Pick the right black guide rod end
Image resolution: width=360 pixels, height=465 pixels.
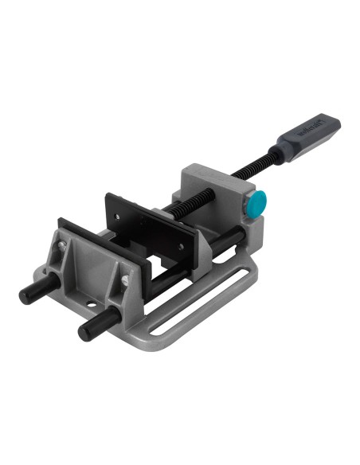85,330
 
